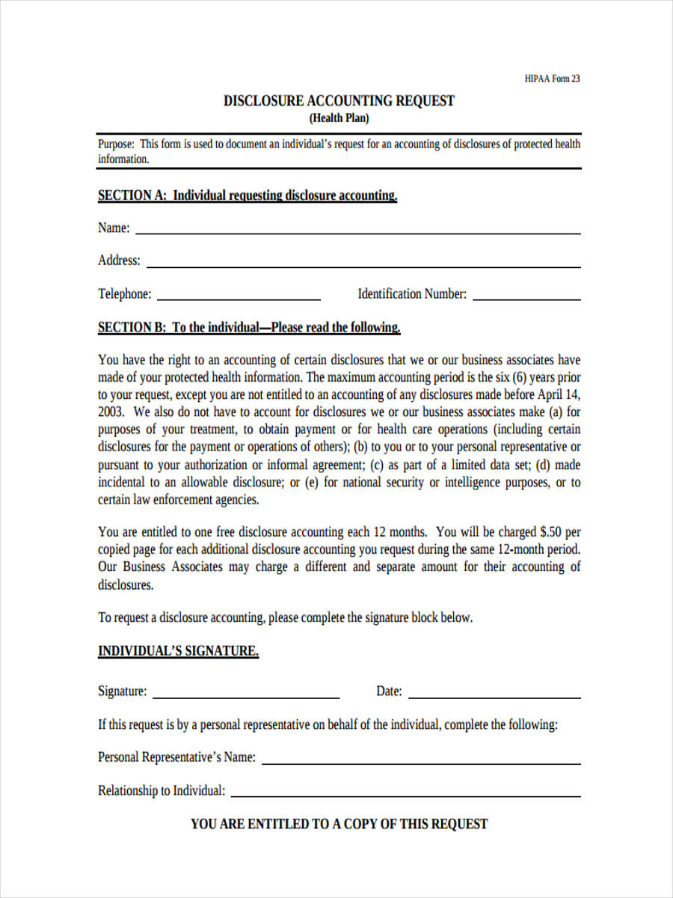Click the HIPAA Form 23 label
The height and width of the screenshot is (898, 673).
click(x=552, y=79)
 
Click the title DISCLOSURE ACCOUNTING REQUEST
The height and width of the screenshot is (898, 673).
click(x=339, y=101)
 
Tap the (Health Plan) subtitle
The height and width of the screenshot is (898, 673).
click(x=339, y=118)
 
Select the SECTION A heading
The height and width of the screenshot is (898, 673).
click(x=248, y=195)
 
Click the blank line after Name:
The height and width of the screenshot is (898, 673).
click(x=357, y=232)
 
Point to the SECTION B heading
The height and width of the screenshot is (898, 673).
click(x=249, y=328)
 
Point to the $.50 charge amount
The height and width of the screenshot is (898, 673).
click(x=550, y=532)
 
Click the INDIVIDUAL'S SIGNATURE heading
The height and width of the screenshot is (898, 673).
click(x=178, y=651)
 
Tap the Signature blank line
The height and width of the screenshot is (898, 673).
click(x=246, y=696)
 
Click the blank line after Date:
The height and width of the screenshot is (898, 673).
click(x=494, y=696)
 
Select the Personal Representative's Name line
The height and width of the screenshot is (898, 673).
click(x=421, y=762)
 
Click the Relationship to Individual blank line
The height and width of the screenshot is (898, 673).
click(x=406, y=795)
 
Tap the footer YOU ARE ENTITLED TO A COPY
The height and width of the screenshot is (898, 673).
click(x=339, y=824)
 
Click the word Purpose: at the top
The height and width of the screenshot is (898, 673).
click(x=116, y=144)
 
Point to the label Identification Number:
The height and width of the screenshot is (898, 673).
click(x=412, y=294)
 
